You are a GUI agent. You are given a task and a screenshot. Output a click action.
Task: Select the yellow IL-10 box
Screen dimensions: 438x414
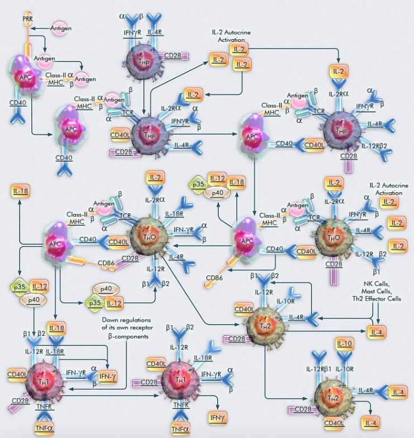(344, 341)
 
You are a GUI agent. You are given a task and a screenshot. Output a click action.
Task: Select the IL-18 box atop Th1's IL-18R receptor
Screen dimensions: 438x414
(57, 328)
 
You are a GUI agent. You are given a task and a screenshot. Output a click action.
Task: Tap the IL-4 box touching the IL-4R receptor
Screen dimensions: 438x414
(399, 393)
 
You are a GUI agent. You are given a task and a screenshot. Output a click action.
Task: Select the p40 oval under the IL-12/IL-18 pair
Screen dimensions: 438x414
(222, 193)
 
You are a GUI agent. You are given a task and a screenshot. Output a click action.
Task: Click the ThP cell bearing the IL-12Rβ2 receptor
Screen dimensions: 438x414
(341, 130)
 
